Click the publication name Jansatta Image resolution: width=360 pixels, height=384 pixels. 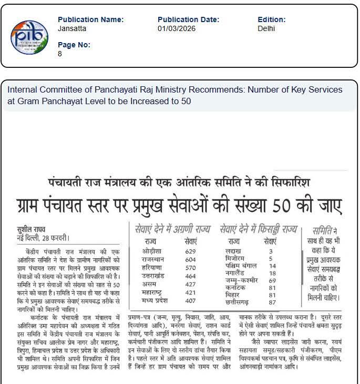(x=72, y=28)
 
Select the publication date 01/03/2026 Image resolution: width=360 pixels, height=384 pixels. (x=176, y=28)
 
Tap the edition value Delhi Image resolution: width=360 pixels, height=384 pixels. (x=266, y=28)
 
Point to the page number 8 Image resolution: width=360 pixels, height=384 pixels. (x=60, y=54)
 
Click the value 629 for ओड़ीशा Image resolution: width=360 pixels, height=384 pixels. (x=191, y=251)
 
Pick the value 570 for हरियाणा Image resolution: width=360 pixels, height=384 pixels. (x=191, y=269)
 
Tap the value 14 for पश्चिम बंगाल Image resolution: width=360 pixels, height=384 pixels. (x=272, y=266)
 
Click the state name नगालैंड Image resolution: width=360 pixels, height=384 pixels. (x=235, y=274)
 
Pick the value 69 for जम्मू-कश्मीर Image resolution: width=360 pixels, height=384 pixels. (x=272, y=281)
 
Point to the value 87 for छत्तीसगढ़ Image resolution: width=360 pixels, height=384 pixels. (x=272, y=303)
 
